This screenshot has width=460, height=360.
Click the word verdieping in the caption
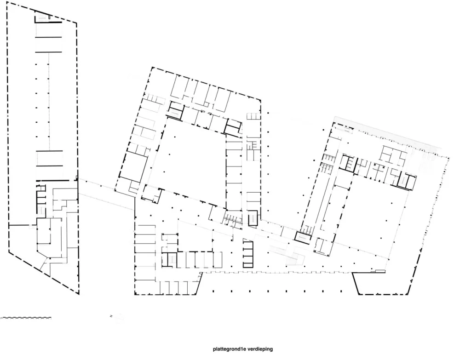pos(260,349)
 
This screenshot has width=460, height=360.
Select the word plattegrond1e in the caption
pos(230,349)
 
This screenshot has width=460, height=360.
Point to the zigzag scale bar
pos(26,318)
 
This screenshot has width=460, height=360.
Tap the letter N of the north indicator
pos(111,316)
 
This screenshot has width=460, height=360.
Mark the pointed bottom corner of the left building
pos(79,293)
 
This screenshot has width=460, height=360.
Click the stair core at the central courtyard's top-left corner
pos(176,110)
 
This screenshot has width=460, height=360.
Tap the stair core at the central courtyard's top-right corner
pos(233,128)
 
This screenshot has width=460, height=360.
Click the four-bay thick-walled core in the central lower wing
pos(248,253)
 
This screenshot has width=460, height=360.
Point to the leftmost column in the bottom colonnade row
pos(213,291)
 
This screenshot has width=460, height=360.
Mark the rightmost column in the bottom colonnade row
pos(341,291)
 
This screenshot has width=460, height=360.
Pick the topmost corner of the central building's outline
pos(152,68)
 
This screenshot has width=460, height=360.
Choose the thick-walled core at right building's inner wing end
pos(407,181)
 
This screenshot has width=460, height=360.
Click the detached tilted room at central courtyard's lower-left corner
pos(152,194)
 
